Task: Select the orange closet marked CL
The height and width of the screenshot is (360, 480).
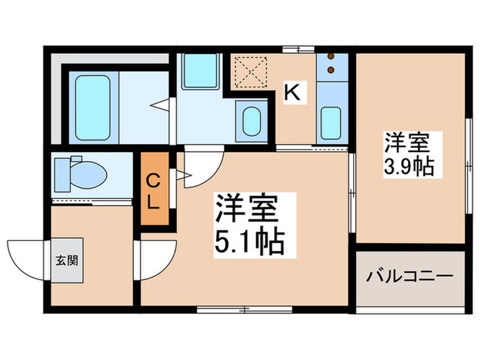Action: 154,191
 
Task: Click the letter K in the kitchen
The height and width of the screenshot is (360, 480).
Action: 292,93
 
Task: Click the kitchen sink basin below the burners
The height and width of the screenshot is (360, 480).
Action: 332,122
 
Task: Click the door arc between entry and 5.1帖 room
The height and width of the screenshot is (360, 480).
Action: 155,259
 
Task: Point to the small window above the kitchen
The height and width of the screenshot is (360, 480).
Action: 297,48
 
